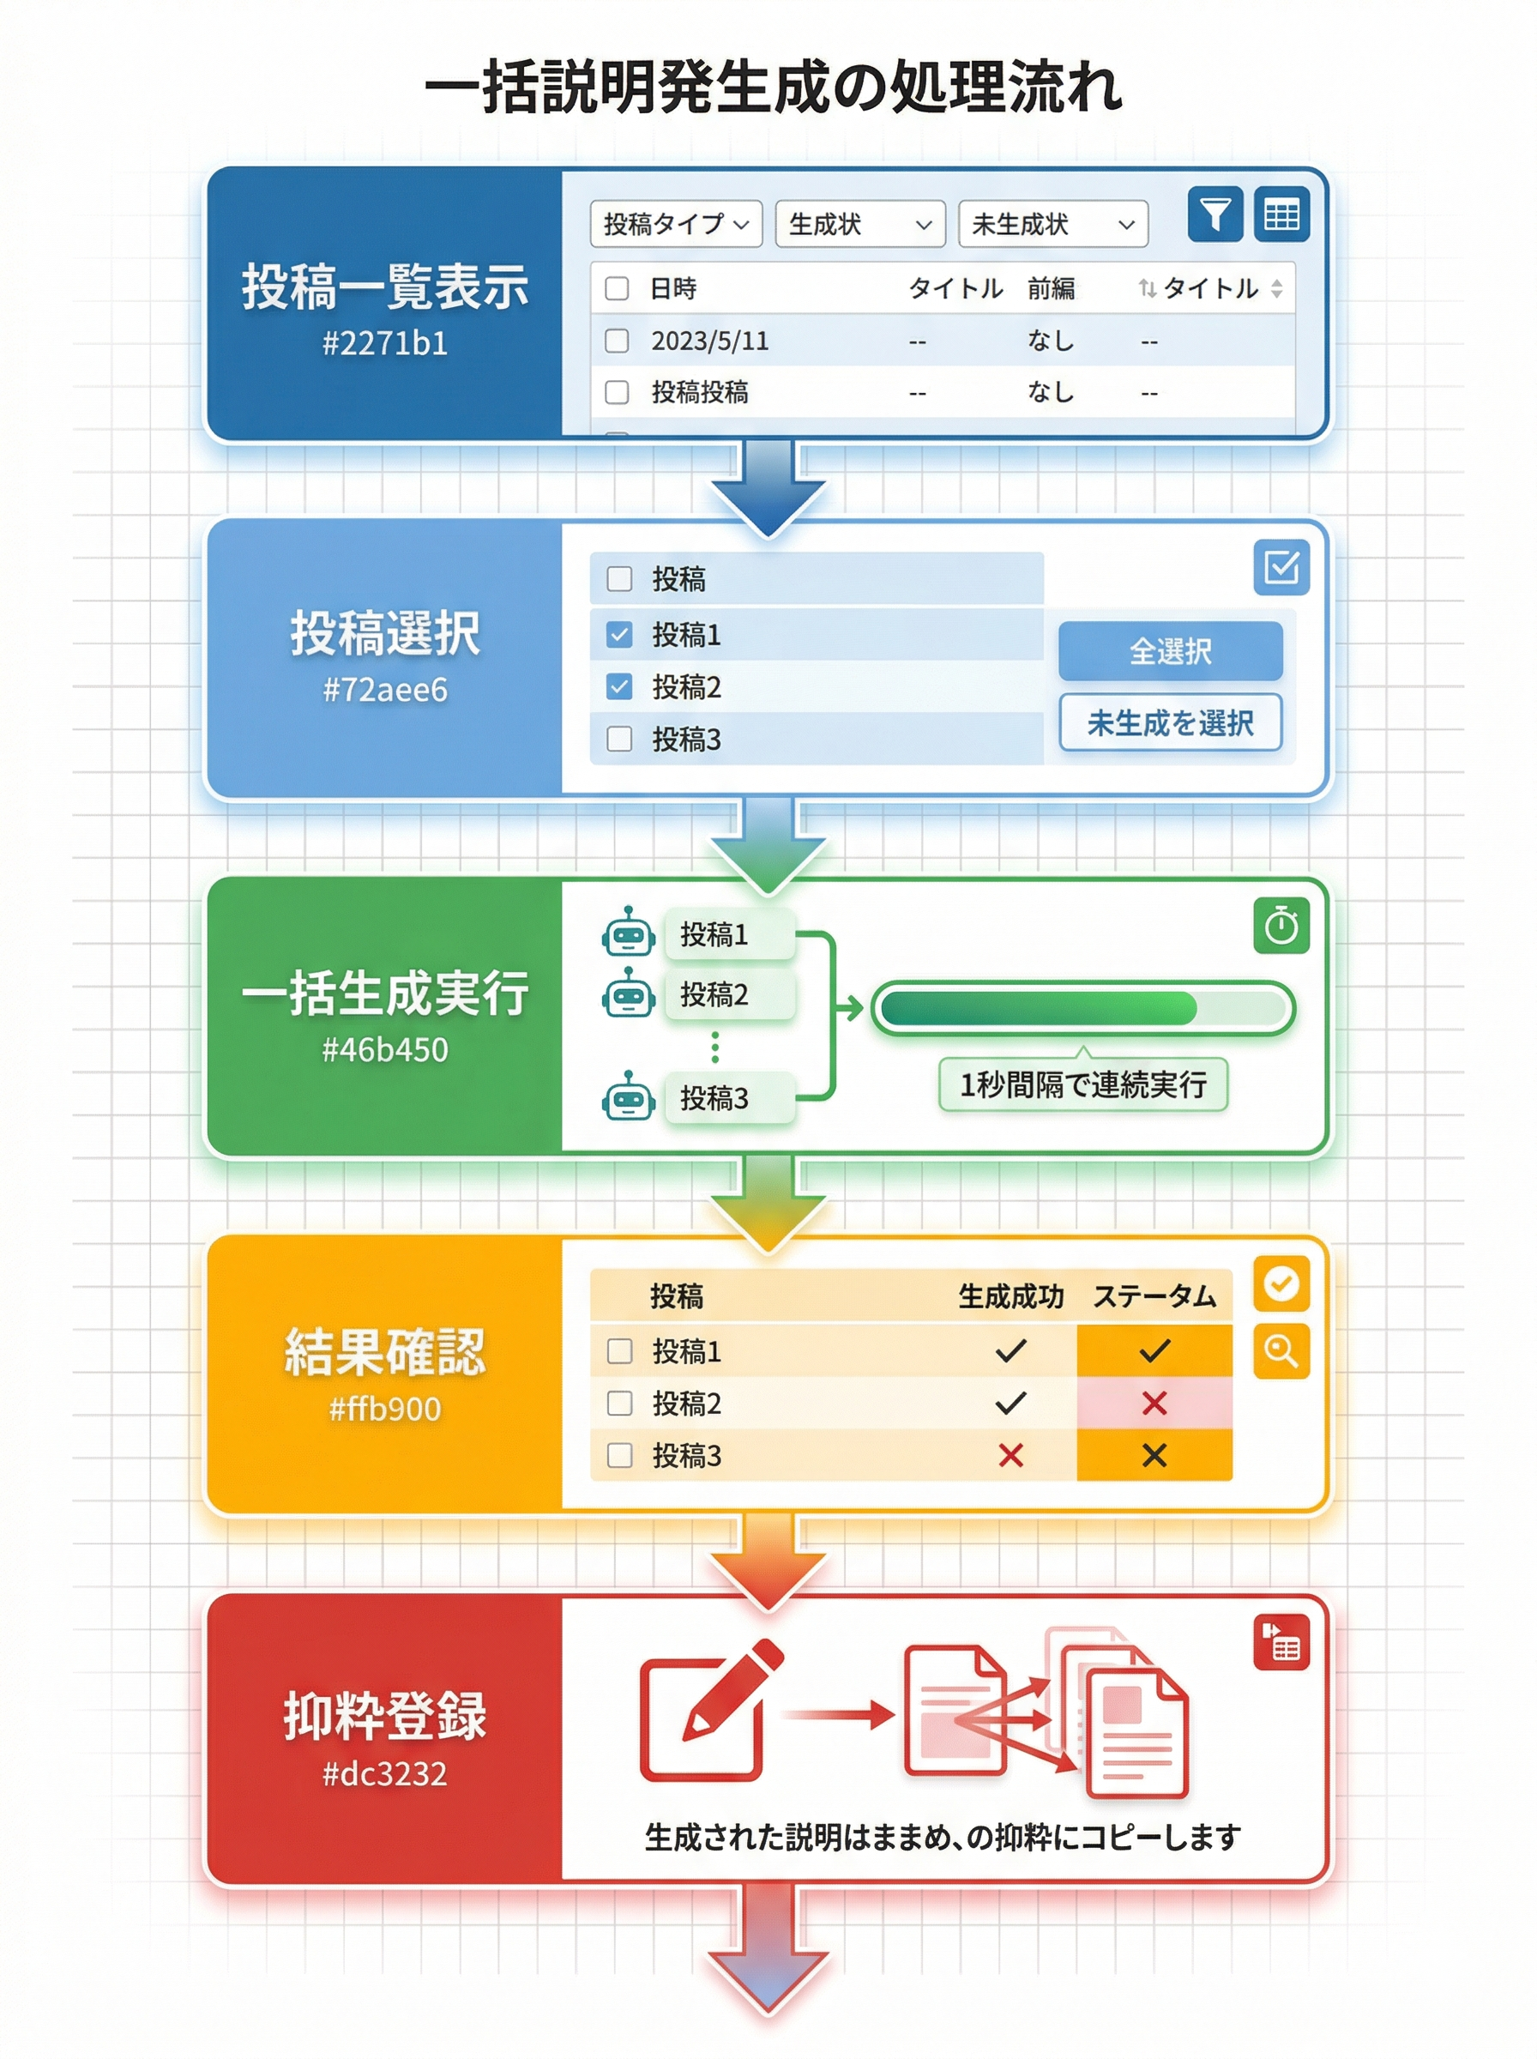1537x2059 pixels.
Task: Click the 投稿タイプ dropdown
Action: pos(676,224)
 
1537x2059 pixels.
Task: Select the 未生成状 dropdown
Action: pos(1052,224)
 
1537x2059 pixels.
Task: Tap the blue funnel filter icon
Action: pos(1215,215)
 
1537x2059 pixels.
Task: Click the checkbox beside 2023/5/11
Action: pos(617,341)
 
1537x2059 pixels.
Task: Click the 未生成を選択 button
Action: pos(1170,722)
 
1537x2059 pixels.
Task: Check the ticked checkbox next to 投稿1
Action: pos(618,635)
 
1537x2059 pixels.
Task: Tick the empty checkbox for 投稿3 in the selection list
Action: pos(618,739)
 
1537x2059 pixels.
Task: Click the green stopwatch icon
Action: pos(1281,926)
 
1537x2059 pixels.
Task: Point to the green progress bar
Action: pos(1082,1009)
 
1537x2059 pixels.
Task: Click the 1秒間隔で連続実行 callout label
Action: pos(1082,1084)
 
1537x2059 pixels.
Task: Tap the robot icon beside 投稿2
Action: pos(629,993)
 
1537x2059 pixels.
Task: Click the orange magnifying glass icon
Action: pos(1281,1351)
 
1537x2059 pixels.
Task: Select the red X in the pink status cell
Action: pos(1154,1403)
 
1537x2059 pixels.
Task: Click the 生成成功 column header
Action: pos(1010,1296)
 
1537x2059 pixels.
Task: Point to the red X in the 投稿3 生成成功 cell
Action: pos(1010,1455)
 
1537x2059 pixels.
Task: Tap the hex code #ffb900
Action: pos(384,1409)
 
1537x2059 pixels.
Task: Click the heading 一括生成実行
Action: pos(384,993)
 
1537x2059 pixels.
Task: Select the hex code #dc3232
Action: pos(384,1773)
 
